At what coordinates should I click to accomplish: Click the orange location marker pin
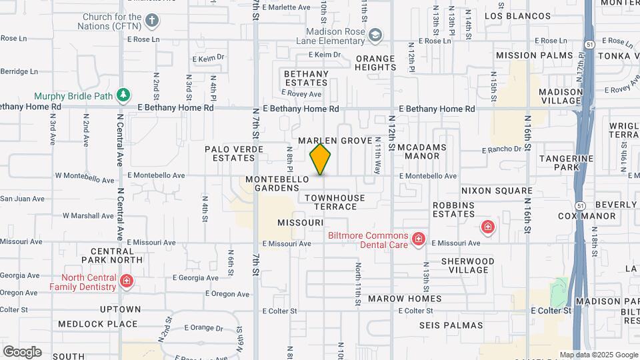click(320, 159)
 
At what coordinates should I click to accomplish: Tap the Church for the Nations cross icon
click(152, 19)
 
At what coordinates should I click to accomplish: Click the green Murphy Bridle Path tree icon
click(123, 95)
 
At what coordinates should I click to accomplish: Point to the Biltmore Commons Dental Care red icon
click(418, 239)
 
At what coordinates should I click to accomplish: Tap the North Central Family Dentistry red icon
click(125, 282)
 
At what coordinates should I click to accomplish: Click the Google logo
click(22, 351)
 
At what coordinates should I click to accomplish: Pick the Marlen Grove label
click(335, 141)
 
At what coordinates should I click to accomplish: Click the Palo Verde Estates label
click(230, 153)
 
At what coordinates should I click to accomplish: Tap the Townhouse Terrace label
click(335, 202)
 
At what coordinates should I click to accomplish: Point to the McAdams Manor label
click(422, 151)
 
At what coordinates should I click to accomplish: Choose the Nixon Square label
click(490, 191)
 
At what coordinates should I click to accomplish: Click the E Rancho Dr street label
click(501, 149)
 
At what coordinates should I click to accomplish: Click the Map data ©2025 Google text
click(599, 355)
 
